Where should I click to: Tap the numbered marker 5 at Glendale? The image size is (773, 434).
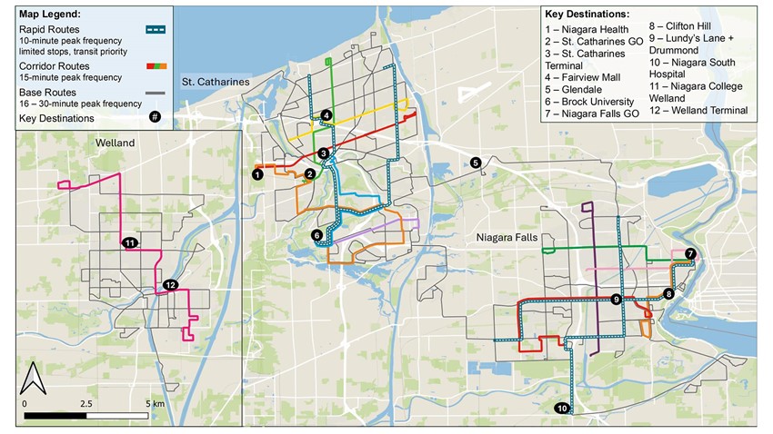click(x=476, y=163)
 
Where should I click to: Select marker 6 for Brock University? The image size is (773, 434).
click(x=316, y=235)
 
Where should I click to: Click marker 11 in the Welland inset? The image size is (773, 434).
click(x=129, y=242)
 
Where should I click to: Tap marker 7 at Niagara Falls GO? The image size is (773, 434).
click(x=690, y=253)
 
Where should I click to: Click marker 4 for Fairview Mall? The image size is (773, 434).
click(x=326, y=115)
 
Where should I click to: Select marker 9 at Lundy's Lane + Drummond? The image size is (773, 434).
click(x=617, y=300)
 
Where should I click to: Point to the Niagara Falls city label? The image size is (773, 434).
click(x=506, y=238)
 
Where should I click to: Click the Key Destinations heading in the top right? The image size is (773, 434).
click(x=587, y=15)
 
